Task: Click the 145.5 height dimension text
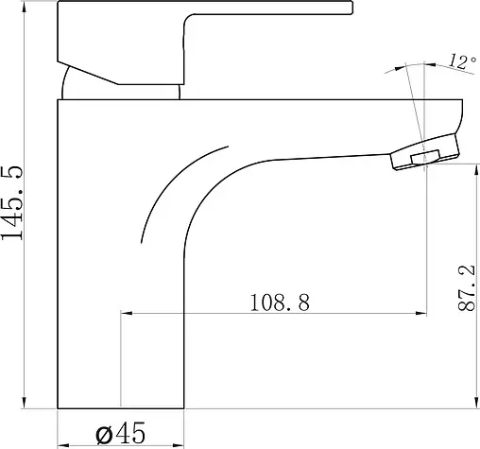[x=11, y=202]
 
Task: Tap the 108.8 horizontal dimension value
[x=280, y=302]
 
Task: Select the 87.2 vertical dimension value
[x=467, y=288]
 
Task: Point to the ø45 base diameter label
[x=121, y=433]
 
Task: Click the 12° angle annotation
[x=462, y=61]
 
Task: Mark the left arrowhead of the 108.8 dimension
[x=127, y=313]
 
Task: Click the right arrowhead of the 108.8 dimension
[x=421, y=313]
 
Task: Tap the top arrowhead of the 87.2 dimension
[x=475, y=169]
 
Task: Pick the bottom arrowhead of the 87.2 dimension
[x=475, y=403]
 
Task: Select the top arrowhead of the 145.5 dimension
[x=25, y=7]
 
